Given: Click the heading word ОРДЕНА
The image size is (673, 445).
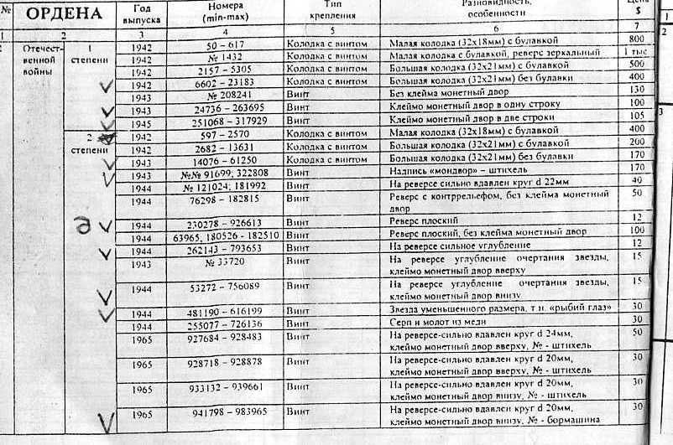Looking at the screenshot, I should click(65, 14).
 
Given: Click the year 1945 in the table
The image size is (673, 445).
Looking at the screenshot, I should click(143, 122).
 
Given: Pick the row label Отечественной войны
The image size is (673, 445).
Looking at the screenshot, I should click(38, 60).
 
